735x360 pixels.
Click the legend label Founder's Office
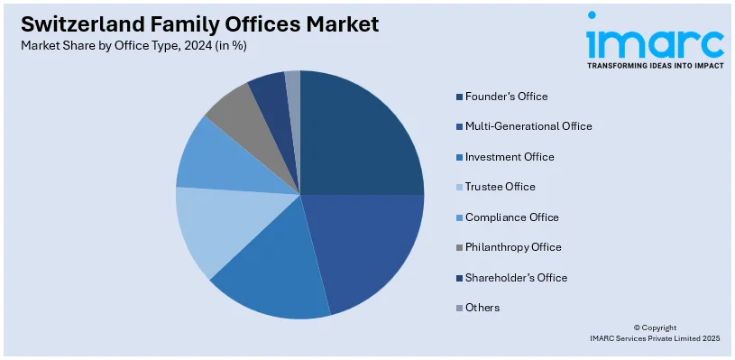point(506,97)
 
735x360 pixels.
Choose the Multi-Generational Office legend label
point(528,126)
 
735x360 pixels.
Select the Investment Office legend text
point(510,157)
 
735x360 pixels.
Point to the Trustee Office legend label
point(500,187)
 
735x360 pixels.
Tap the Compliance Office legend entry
point(511,217)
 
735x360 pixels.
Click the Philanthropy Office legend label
point(513,247)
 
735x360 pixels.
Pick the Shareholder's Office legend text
point(516,278)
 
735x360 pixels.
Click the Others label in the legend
point(482,308)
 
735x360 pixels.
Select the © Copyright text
point(655,328)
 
